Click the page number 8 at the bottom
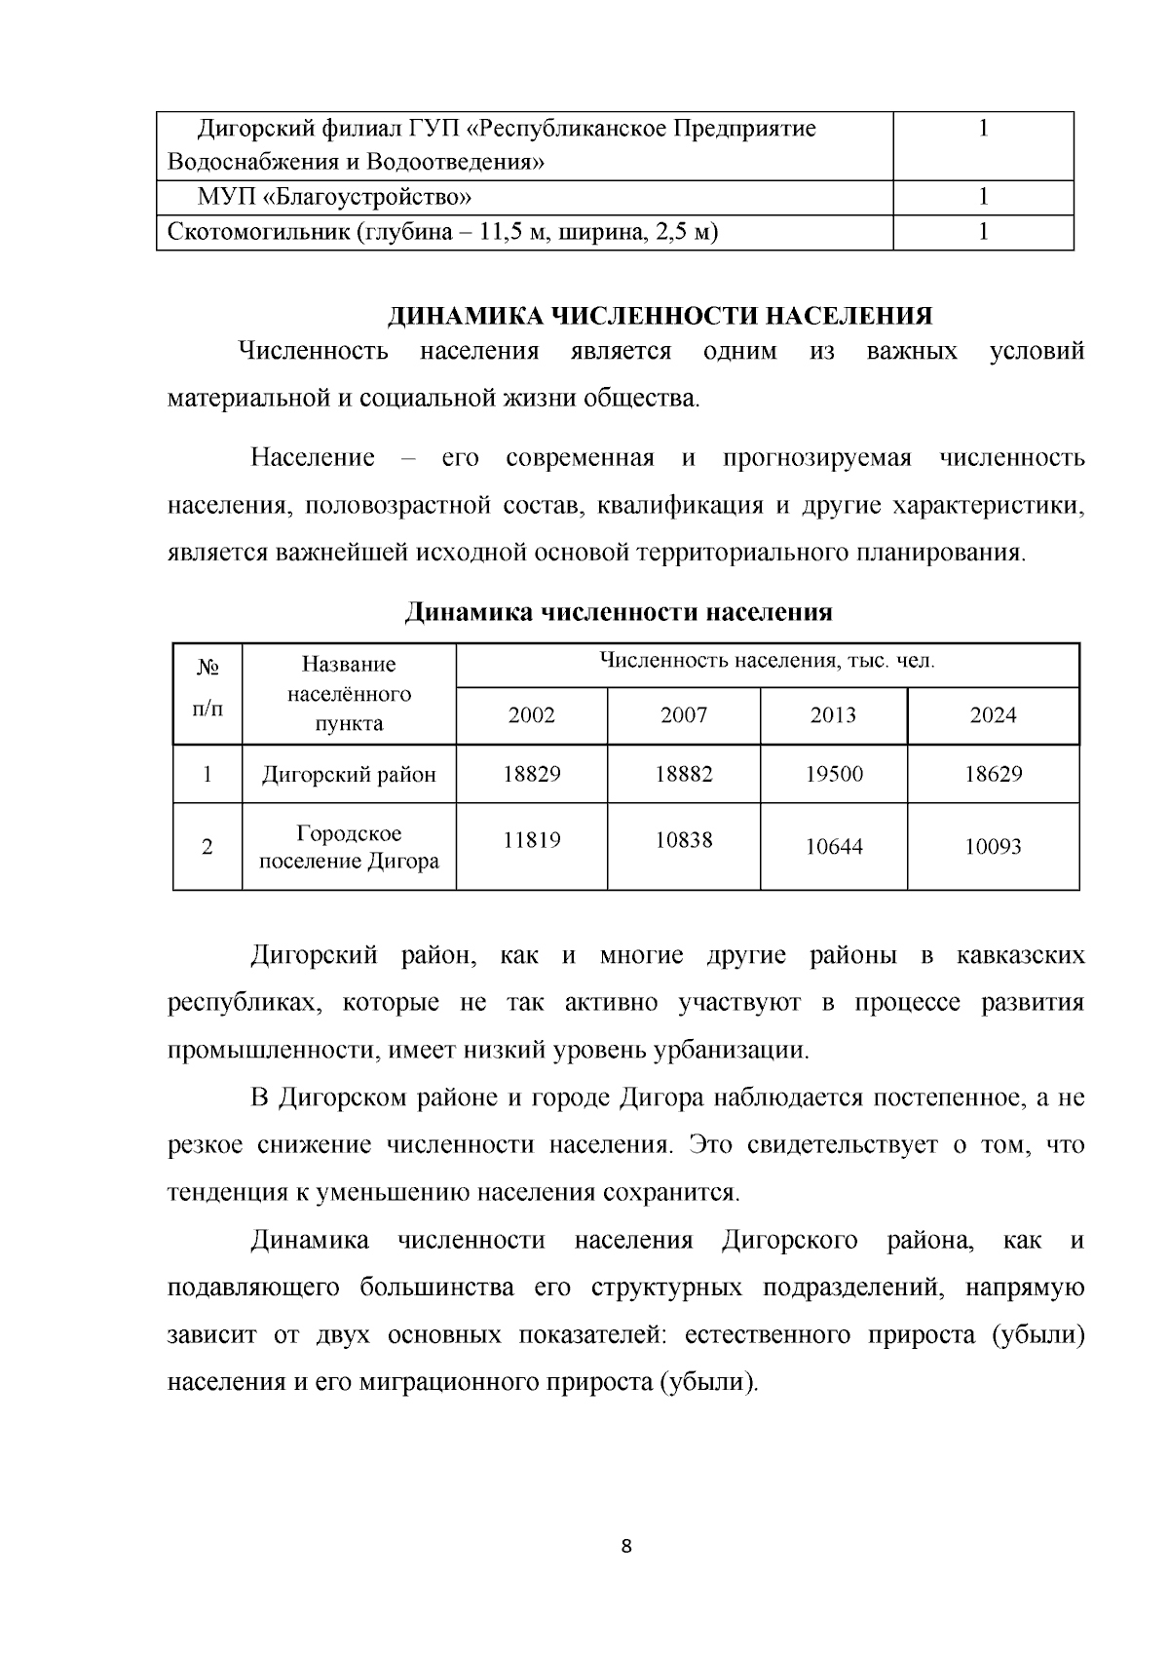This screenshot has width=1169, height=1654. point(625,1546)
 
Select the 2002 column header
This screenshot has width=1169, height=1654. point(531,715)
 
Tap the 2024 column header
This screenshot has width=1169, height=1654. point(993,715)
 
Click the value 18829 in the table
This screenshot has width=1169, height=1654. point(531,774)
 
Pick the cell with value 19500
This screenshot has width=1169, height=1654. point(834,774)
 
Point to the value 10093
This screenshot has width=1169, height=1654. point(993,846)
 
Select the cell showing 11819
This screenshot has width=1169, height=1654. point(531,839)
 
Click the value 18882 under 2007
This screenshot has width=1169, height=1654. point(684,774)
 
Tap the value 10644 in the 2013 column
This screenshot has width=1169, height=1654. point(834,846)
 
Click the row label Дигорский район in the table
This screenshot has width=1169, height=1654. point(349,775)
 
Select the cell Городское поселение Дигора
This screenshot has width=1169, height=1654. point(349,847)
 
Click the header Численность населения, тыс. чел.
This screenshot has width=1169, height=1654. point(767,661)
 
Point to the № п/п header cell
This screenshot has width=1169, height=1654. point(207,688)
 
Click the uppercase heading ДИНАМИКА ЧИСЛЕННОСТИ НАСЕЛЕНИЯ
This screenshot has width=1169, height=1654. point(660,316)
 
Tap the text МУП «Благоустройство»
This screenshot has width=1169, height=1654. point(335,197)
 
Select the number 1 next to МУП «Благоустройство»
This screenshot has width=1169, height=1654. point(983,197)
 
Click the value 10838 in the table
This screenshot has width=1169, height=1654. point(684,839)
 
